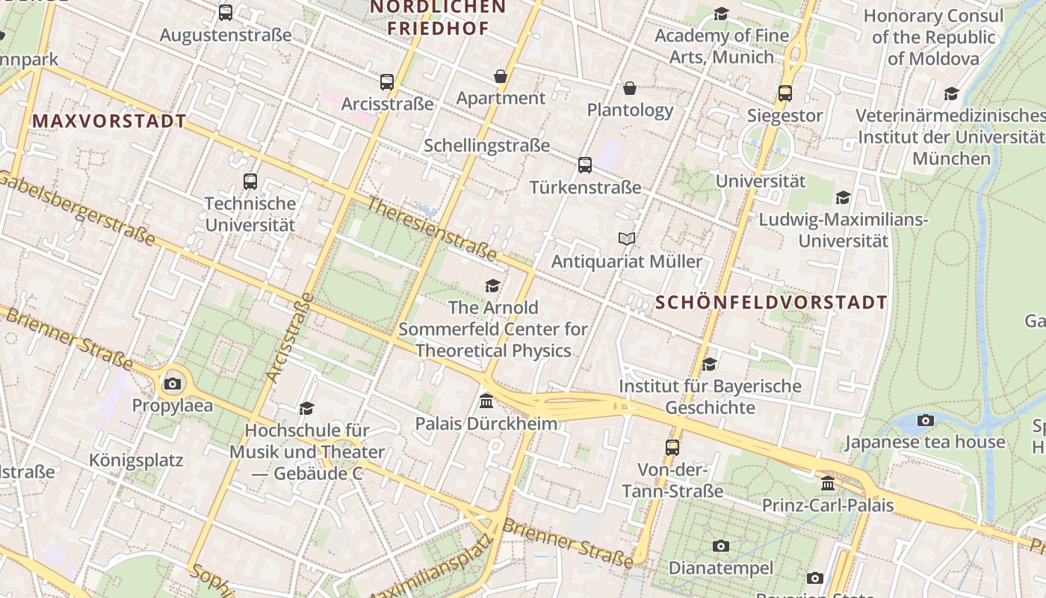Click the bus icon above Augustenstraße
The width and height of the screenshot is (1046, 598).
(225, 13)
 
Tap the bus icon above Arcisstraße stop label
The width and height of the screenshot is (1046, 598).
(386, 81)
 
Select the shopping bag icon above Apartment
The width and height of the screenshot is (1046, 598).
(500, 76)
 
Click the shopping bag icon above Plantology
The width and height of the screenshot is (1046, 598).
(630, 88)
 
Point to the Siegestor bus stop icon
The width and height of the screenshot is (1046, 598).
(784, 93)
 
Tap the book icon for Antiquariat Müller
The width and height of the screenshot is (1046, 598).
(627, 239)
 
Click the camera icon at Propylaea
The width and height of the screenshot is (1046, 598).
(173, 384)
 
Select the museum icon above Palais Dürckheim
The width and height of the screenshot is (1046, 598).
(486, 401)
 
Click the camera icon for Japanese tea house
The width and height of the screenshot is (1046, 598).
(925, 420)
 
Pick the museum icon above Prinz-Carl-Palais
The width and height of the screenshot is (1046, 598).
(827, 484)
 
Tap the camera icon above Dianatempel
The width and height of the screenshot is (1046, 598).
(720, 546)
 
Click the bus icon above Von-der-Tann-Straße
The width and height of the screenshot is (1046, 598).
(672, 447)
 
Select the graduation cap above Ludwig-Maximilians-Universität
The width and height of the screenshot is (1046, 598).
(843, 198)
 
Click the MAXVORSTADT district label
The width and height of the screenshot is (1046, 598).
(109, 121)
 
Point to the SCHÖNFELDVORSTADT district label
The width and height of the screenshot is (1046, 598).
(772, 303)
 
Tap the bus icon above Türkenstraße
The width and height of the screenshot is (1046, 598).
(585, 165)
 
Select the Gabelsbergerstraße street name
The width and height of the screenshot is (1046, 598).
(78, 209)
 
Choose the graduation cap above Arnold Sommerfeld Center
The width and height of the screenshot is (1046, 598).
(492, 286)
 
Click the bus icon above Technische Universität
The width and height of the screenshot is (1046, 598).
(250, 181)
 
